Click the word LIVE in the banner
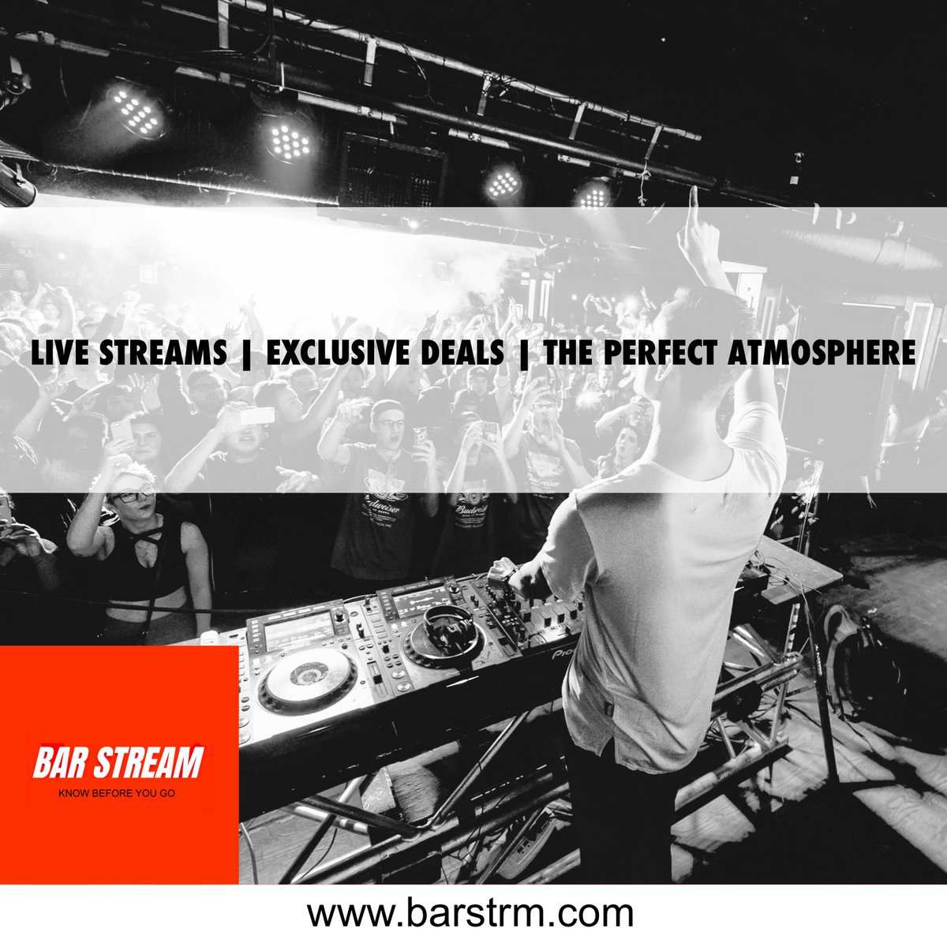[x=60, y=353]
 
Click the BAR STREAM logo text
[x=118, y=763]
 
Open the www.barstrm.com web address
[x=470, y=913]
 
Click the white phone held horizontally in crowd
[x=257, y=415]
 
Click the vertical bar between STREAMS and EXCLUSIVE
[x=246, y=353]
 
